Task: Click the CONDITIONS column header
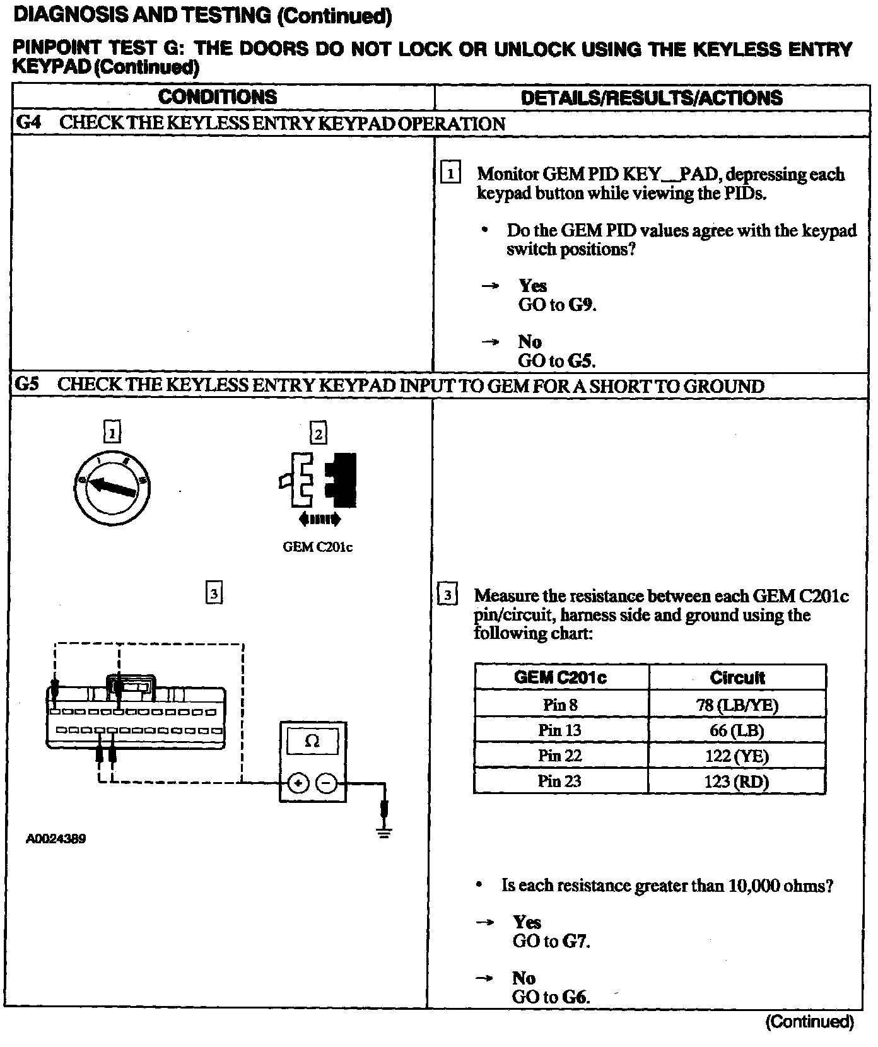[218, 97]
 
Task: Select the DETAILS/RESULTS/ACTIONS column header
[652, 98]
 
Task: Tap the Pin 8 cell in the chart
[560, 705]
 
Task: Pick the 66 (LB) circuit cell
[737, 730]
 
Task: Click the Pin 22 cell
[560, 756]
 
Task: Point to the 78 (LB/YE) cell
[737, 705]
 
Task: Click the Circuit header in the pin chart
[737, 678]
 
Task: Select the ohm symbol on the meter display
[312, 741]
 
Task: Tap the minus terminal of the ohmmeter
[326, 783]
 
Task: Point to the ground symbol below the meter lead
[384, 831]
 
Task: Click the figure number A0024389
[56, 839]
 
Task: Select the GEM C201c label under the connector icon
[317, 547]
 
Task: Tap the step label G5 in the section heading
[27, 385]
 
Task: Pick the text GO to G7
[551, 941]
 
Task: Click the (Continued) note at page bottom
[809, 1022]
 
